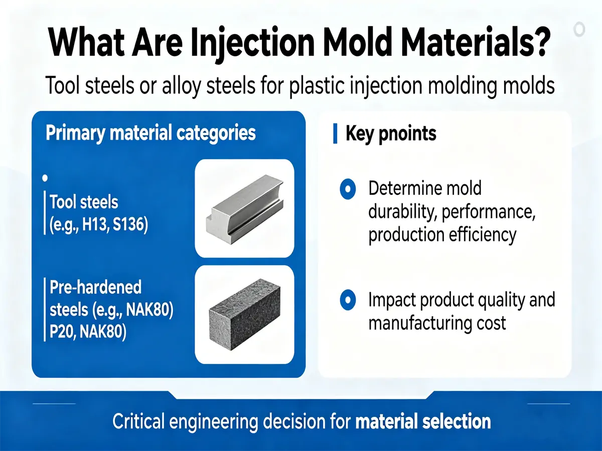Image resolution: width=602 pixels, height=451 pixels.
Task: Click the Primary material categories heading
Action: [150, 133]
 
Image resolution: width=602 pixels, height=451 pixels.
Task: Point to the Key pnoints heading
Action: [391, 134]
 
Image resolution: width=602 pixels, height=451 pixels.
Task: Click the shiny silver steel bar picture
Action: [244, 208]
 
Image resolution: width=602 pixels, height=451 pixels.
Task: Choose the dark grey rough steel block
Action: [244, 315]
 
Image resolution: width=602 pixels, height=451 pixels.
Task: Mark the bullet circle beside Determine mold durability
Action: [347, 189]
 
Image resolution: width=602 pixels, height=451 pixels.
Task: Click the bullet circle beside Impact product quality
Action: [347, 300]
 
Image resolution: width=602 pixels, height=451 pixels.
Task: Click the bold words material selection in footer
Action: [423, 421]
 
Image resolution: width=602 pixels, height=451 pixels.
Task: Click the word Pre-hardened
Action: [95, 288]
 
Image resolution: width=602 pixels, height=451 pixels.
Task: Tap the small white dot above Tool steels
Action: [46, 178]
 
